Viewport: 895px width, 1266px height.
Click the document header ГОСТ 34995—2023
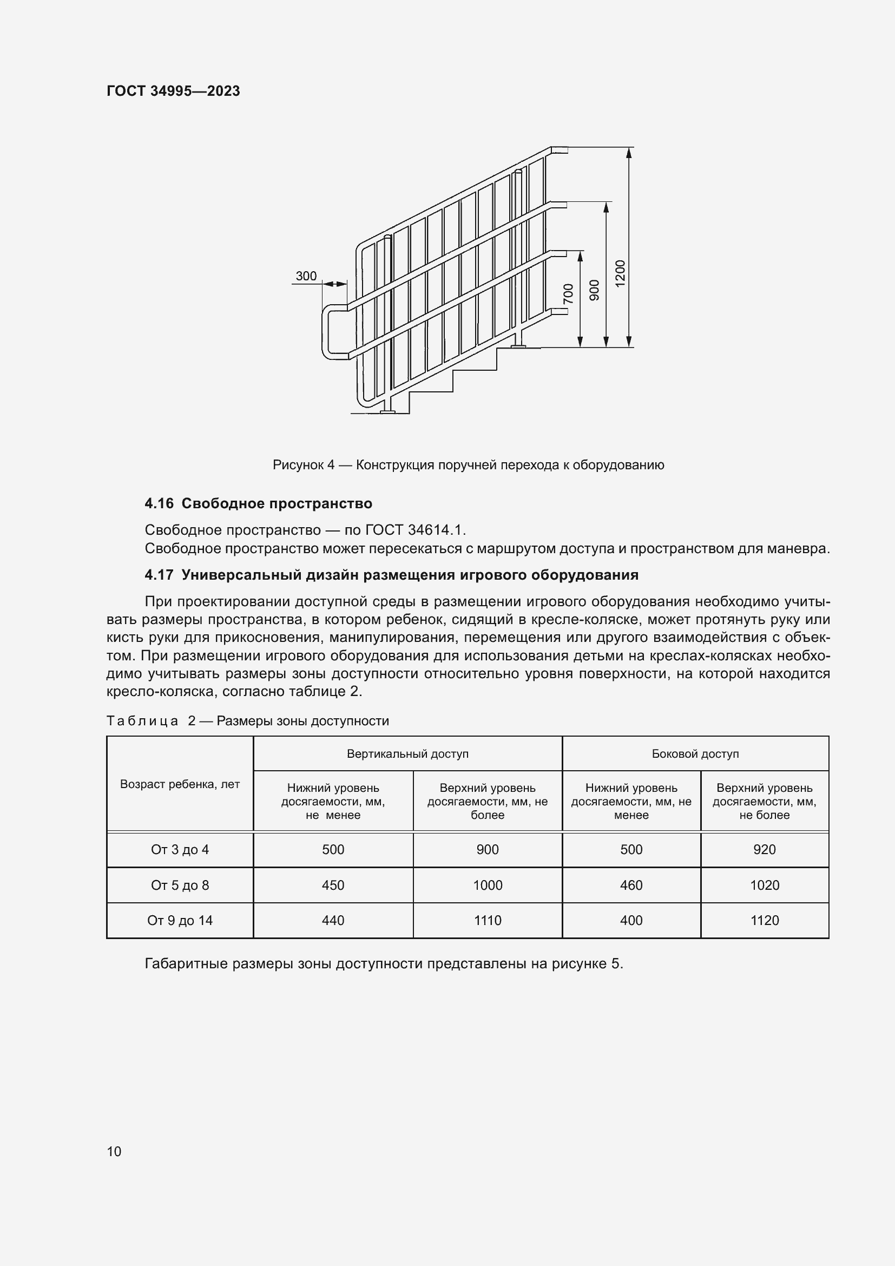click(173, 91)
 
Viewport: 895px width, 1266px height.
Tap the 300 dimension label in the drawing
click(306, 275)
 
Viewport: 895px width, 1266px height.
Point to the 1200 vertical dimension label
click(620, 273)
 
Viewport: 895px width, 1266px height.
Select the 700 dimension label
click(568, 293)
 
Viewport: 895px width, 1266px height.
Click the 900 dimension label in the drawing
click(594, 290)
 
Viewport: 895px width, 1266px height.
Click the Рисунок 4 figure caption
click(468, 465)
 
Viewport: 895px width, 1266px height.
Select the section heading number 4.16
click(159, 503)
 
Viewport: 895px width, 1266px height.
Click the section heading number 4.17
click(159, 575)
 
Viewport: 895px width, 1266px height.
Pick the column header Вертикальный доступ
click(407, 754)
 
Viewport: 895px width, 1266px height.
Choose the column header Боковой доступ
click(695, 754)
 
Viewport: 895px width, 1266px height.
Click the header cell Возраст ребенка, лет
click(180, 784)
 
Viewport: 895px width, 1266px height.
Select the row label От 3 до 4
click(180, 850)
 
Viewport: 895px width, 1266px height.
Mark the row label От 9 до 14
click(180, 920)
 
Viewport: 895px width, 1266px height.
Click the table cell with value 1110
click(487, 920)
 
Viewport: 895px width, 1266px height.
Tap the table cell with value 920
click(765, 850)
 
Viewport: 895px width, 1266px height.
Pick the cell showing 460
click(631, 885)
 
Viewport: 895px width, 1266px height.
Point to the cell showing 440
click(333, 920)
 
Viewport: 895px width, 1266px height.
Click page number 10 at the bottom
click(114, 1151)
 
